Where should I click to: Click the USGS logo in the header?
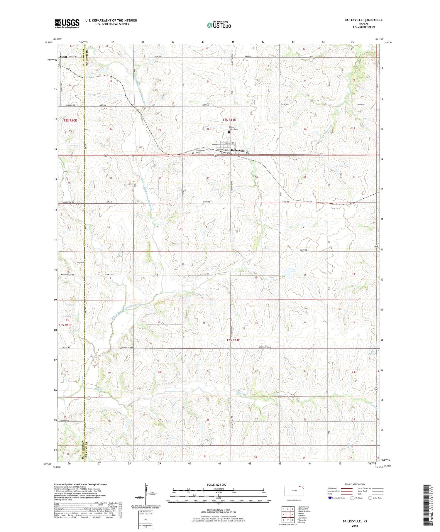tap(67, 23)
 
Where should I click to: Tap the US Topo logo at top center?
tap(219, 25)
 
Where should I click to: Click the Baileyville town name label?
tap(238, 150)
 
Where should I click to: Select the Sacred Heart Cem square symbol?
tap(229, 132)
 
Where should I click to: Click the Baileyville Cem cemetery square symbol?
tap(192, 153)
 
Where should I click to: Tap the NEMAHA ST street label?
tap(229, 143)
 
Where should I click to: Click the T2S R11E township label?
tap(229, 120)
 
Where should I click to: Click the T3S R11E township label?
tap(233, 340)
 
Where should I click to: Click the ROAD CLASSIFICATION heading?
tap(355, 484)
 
